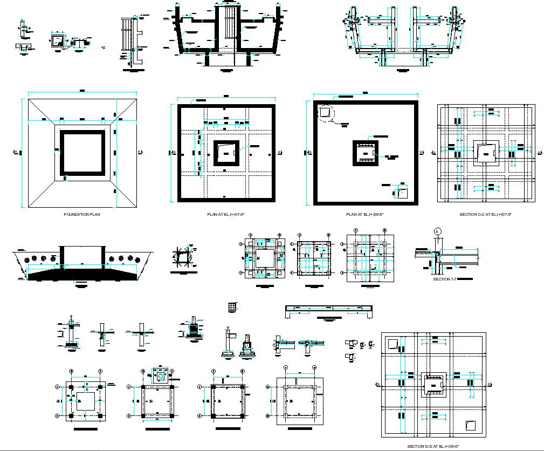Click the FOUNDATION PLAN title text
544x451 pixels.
[82, 214]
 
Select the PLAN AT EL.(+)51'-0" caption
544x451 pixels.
[226, 214]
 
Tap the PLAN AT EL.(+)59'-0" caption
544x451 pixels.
[365, 214]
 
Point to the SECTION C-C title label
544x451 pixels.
[485, 214]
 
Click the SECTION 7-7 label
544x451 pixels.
[444, 279]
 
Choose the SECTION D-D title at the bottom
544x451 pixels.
[433, 446]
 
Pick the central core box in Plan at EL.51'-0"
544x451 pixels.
[226, 153]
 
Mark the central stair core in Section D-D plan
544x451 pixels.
[433, 385]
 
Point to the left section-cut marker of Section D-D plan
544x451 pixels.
[377, 384]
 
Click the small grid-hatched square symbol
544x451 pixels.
[232, 306]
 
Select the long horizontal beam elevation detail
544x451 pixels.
[329, 311]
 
